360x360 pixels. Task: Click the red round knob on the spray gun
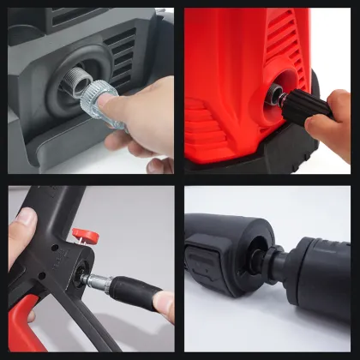pyautogui.click(x=83, y=234)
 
